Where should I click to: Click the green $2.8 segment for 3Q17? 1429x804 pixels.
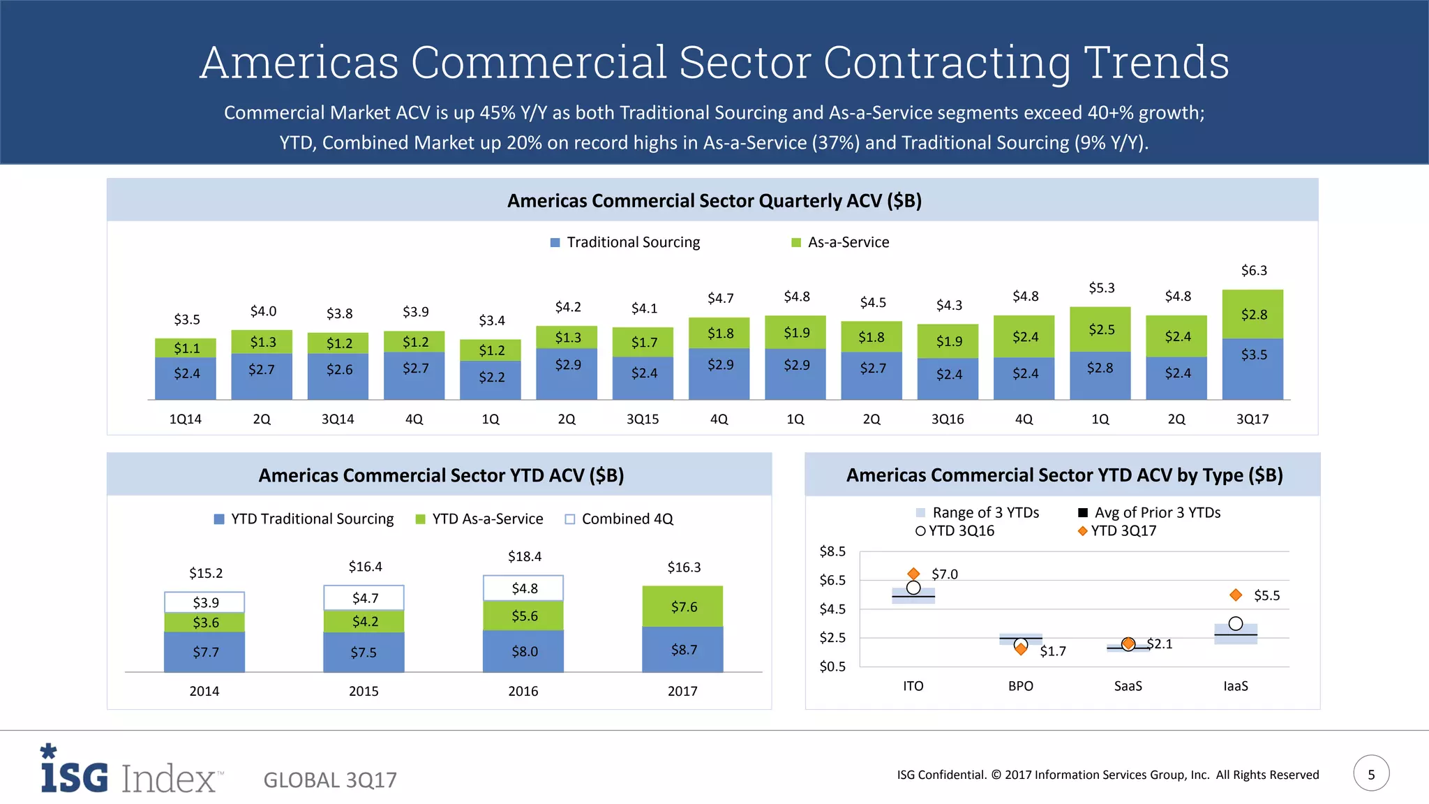click(1253, 314)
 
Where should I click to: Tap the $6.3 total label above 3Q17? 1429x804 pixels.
click(1254, 271)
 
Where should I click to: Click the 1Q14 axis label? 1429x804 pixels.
click(185, 419)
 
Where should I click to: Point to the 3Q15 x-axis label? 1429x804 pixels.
click(643, 419)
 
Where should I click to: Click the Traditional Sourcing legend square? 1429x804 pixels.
click(555, 243)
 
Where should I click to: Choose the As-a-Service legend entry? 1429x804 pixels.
click(840, 242)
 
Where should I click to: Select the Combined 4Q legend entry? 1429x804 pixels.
click(619, 519)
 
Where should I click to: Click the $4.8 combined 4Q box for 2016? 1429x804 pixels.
click(523, 588)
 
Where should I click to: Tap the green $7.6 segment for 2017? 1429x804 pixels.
click(683, 606)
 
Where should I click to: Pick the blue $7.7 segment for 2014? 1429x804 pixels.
click(204, 652)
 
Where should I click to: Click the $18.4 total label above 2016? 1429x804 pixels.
click(524, 557)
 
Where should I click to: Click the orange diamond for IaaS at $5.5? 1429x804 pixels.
click(1236, 595)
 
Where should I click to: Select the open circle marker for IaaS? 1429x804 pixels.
click(1236, 623)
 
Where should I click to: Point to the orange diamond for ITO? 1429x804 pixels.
click(913, 574)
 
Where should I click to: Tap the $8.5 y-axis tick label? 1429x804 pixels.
click(832, 552)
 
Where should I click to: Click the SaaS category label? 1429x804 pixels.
click(1128, 686)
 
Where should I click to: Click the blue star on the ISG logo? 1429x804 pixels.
click(48, 751)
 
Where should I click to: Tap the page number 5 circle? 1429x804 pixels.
click(1371, 774)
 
